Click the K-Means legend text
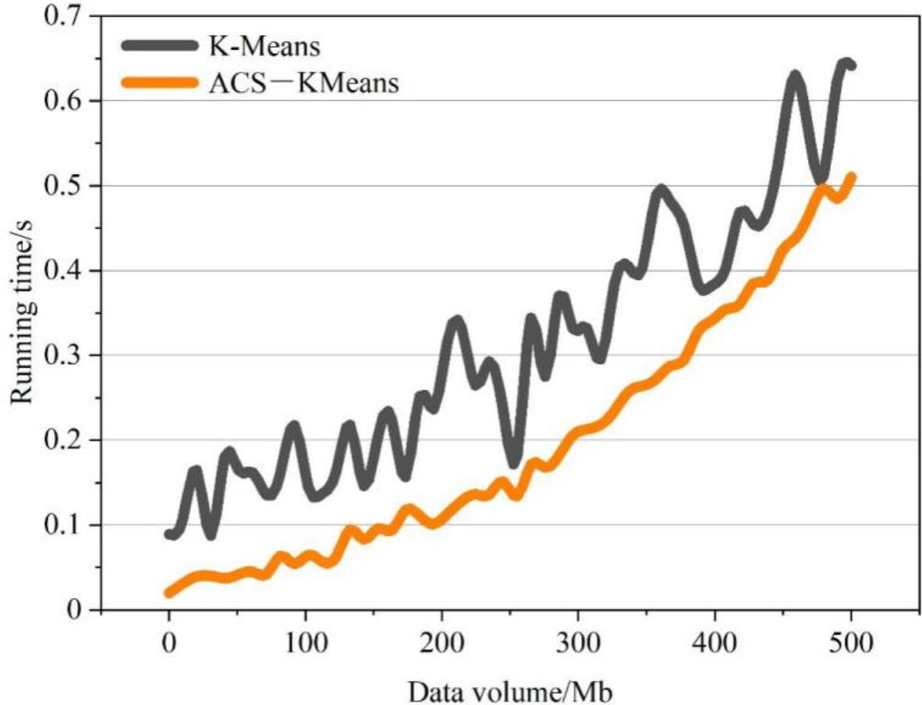[x=267, y=48]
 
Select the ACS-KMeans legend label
[x=305, y=83]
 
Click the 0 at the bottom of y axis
[x=76, y=609]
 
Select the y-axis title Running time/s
[x=23, y=311]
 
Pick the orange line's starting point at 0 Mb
[x=168, y=593]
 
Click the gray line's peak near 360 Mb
[x=661, y=190]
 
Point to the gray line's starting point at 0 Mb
[x=169, y=534]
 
